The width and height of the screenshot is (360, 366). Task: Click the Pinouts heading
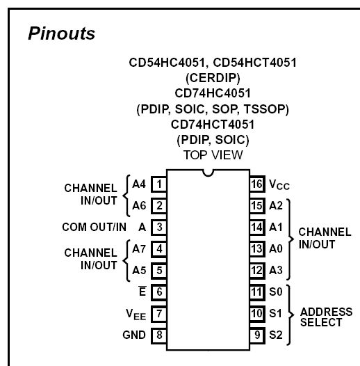point(61,33)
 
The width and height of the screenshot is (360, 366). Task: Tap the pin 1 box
point(159,184)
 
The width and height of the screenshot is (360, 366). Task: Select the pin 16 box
point(257,184)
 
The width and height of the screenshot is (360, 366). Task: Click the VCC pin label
point(279,184)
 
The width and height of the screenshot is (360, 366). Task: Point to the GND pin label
point(134,335)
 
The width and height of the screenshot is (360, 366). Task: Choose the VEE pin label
point(136,315)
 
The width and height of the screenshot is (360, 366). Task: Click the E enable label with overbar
point(142,291)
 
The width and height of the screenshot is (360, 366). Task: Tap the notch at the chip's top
point(208,173)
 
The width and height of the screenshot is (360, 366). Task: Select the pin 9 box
point(257,335)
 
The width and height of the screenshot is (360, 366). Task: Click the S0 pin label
point(276,292)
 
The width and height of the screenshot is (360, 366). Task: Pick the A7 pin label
point(139,249)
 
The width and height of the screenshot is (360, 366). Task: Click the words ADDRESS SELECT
point(326,317)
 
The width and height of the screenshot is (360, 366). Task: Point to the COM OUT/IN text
point(95,227)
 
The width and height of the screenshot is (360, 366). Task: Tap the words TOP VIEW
point(213,155)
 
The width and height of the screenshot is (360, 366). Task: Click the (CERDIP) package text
point(213,78)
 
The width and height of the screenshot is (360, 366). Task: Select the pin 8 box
point(159,335)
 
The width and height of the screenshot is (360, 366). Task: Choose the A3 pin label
point(276,270)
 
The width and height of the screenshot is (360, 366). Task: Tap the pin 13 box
point(257,249)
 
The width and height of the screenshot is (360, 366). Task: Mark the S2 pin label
point(276,335)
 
